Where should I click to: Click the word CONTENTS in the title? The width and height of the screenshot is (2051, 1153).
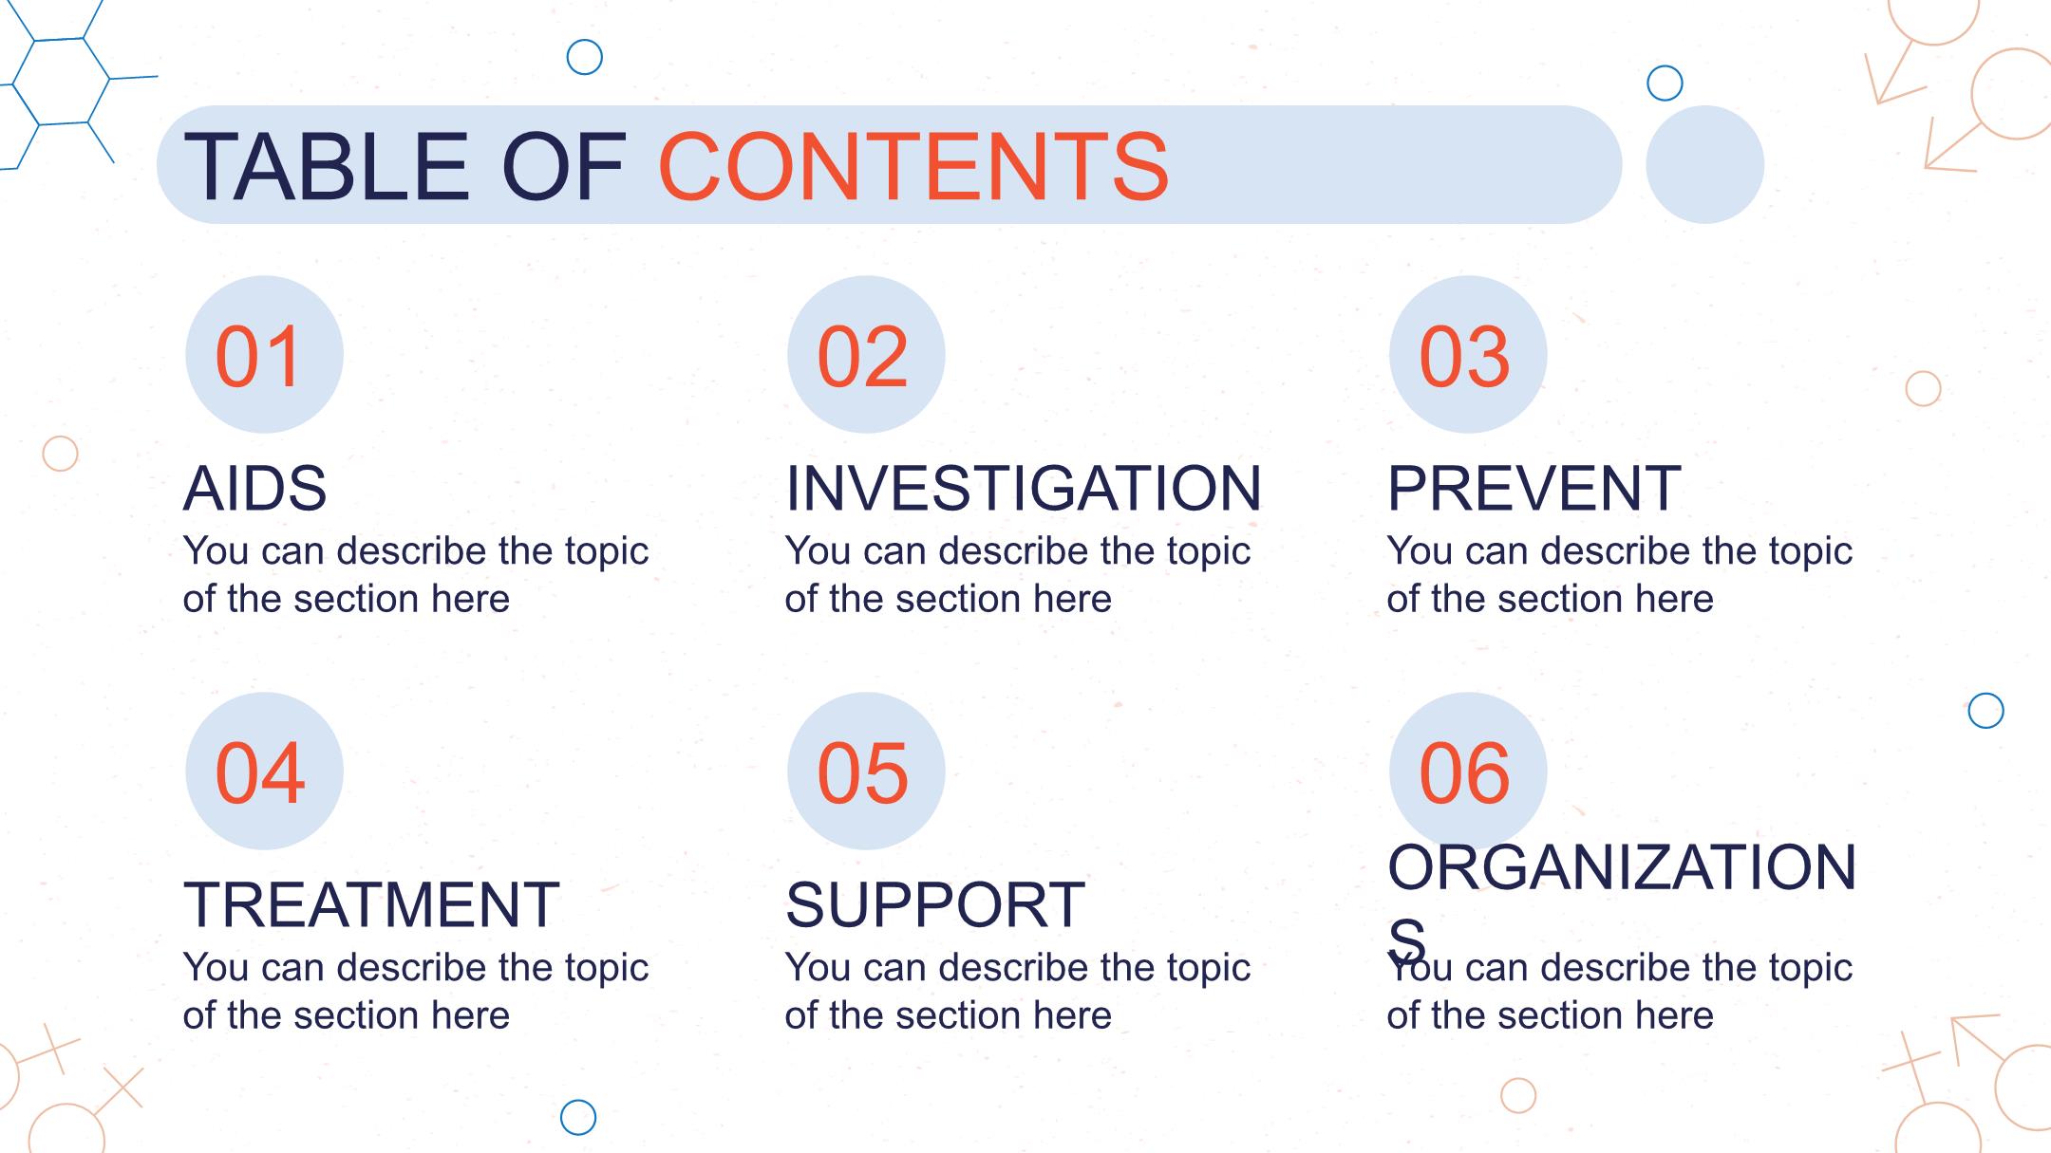point(913,168)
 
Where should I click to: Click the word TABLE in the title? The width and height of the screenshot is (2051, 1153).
point(327,168)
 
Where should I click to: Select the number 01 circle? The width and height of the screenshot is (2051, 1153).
point(264,354)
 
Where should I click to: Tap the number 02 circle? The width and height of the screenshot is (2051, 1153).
point(866,354)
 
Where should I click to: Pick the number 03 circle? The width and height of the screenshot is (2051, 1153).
point(1468,354)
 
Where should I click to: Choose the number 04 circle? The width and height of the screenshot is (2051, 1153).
point(264,771)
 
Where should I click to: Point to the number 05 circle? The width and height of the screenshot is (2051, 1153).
point(866,771)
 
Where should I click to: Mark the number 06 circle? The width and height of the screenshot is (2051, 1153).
point(1468,771)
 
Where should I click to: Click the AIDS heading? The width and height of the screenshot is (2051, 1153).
point(254,489)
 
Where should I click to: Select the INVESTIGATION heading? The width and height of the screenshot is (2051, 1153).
point(1024,489)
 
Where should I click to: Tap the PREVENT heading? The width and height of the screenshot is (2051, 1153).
point(1534,489)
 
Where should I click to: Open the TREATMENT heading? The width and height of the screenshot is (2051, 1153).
point(371,904)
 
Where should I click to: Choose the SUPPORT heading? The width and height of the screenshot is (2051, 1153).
point(934,904)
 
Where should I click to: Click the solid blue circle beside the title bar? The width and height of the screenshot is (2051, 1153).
point(1704,164)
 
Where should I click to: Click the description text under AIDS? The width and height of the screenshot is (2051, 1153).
point(415,575)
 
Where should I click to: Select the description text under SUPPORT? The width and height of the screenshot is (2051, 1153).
point(1017,992)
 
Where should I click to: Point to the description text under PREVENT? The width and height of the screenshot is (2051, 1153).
point(1619,575)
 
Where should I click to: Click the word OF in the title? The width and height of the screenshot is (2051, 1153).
point(563,168)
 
